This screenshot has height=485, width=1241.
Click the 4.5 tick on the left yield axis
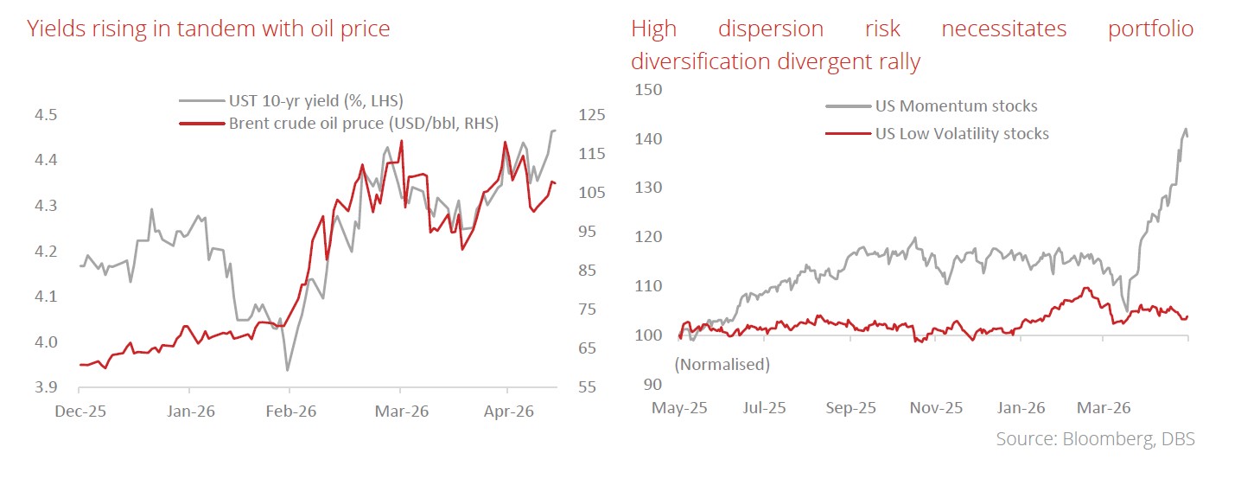click(46, 115)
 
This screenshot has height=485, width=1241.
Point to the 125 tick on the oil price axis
click(592, 115)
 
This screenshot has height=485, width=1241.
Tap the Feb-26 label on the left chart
click(291, 412)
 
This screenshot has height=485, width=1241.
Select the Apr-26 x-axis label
click(509, 412)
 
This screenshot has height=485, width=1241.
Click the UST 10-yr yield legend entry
click(291, 101)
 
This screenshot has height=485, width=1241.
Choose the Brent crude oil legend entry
click(339, 123)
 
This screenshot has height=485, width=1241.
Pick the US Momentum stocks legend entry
click(932, 105)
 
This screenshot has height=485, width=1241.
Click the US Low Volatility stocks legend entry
click(937, 134)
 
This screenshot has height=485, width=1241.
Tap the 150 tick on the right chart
click(648, 90)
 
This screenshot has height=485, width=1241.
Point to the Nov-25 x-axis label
click(936, 408)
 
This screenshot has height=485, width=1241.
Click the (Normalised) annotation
click(722, 364)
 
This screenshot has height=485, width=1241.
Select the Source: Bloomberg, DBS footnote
click(1095, 439)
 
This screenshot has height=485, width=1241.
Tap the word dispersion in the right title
click(771, 29)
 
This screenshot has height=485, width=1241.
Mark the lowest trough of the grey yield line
click(287, 370)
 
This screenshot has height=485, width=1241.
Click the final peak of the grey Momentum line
click(1187, 129)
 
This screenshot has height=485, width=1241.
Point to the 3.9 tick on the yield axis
click(46, 387)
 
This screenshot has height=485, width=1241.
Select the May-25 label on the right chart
click(679, 408)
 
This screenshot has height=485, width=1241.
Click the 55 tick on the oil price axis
click(588, 387)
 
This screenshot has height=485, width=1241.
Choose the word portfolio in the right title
click(1151, 29)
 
